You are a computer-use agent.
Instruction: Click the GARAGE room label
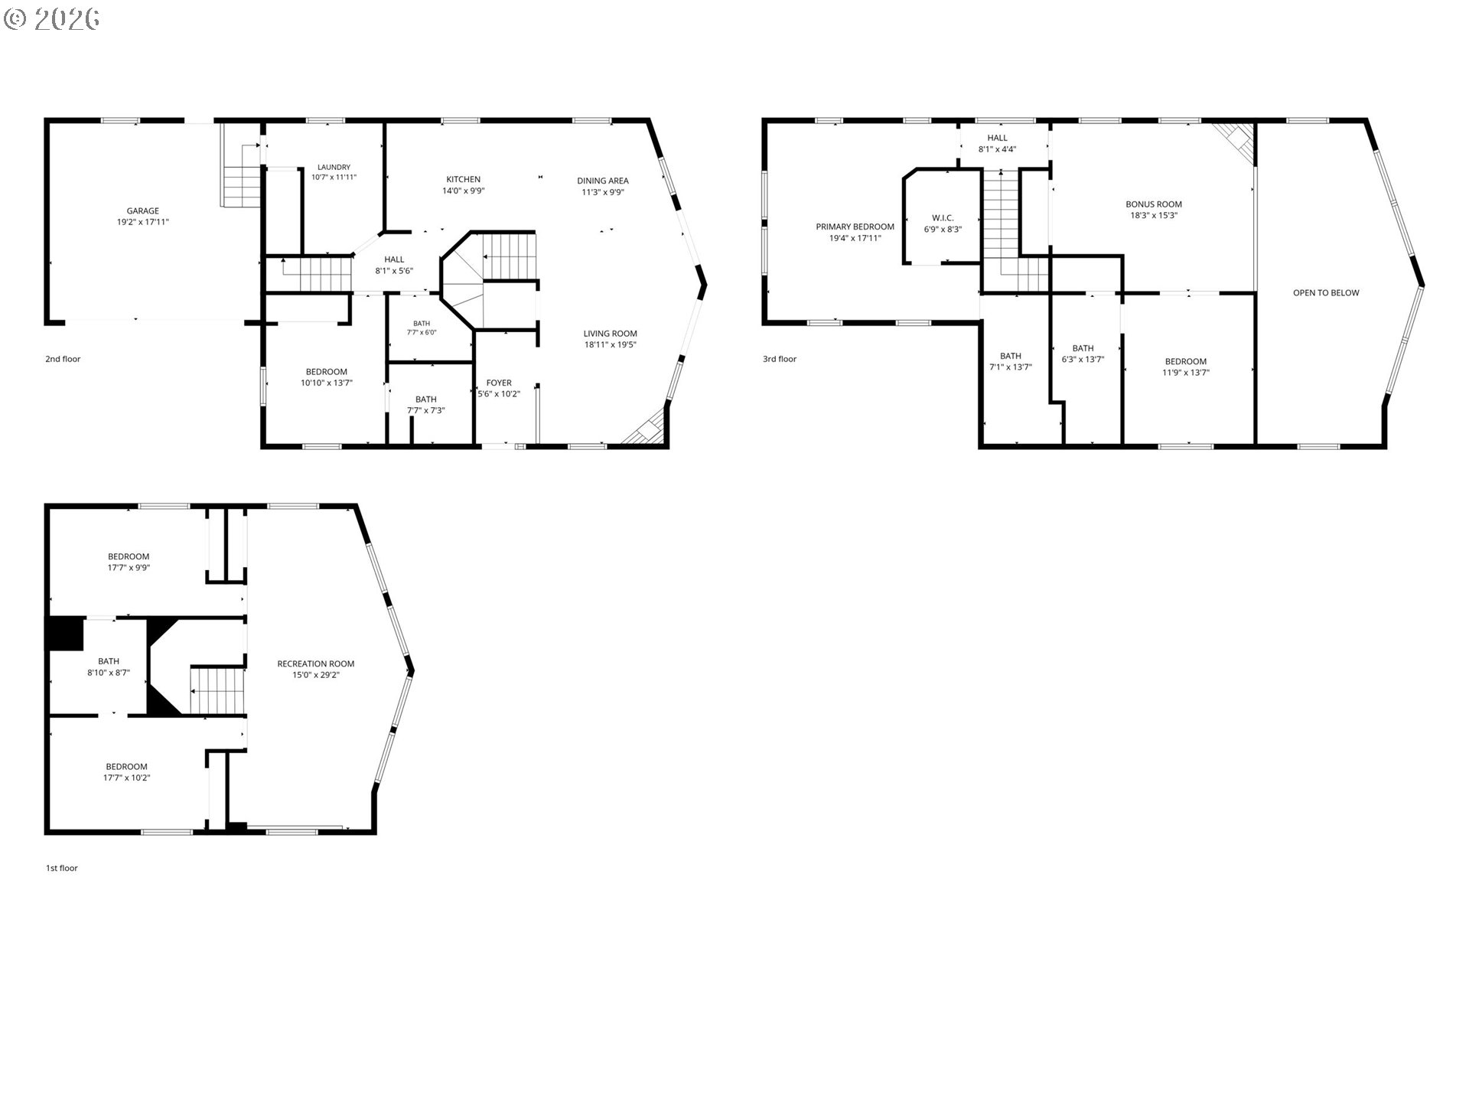click(143, 211)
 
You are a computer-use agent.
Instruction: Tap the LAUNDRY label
click(334, 168)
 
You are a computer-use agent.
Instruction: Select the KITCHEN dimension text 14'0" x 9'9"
click(464, 191)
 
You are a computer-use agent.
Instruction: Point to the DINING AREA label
click(603, 181)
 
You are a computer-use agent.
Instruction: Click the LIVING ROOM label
click(611, 334)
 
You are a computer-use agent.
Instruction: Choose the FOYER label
click(499, 383)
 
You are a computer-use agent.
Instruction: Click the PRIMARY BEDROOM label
click(855, 227)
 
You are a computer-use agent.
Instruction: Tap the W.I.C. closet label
click(943, 218)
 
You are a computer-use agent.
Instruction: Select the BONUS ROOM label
click(1154, 204)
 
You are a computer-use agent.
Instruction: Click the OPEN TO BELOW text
click(1326, 293)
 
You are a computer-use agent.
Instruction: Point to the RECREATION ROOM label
click(316, 664)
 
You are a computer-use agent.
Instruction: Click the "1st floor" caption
click(62, 868)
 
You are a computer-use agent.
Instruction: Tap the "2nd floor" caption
click(63, 359)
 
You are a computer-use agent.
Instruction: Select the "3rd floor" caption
click(780, 359)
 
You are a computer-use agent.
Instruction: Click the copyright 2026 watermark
click(52, 19)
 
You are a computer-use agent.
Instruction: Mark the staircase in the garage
click(242, 175)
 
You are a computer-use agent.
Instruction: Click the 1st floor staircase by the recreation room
click(218, 690)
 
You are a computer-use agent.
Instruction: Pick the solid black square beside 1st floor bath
click(65, 634)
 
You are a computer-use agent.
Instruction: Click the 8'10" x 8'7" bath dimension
click(109, 673)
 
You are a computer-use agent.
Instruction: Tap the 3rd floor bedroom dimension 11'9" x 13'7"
click(1186, 373)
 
